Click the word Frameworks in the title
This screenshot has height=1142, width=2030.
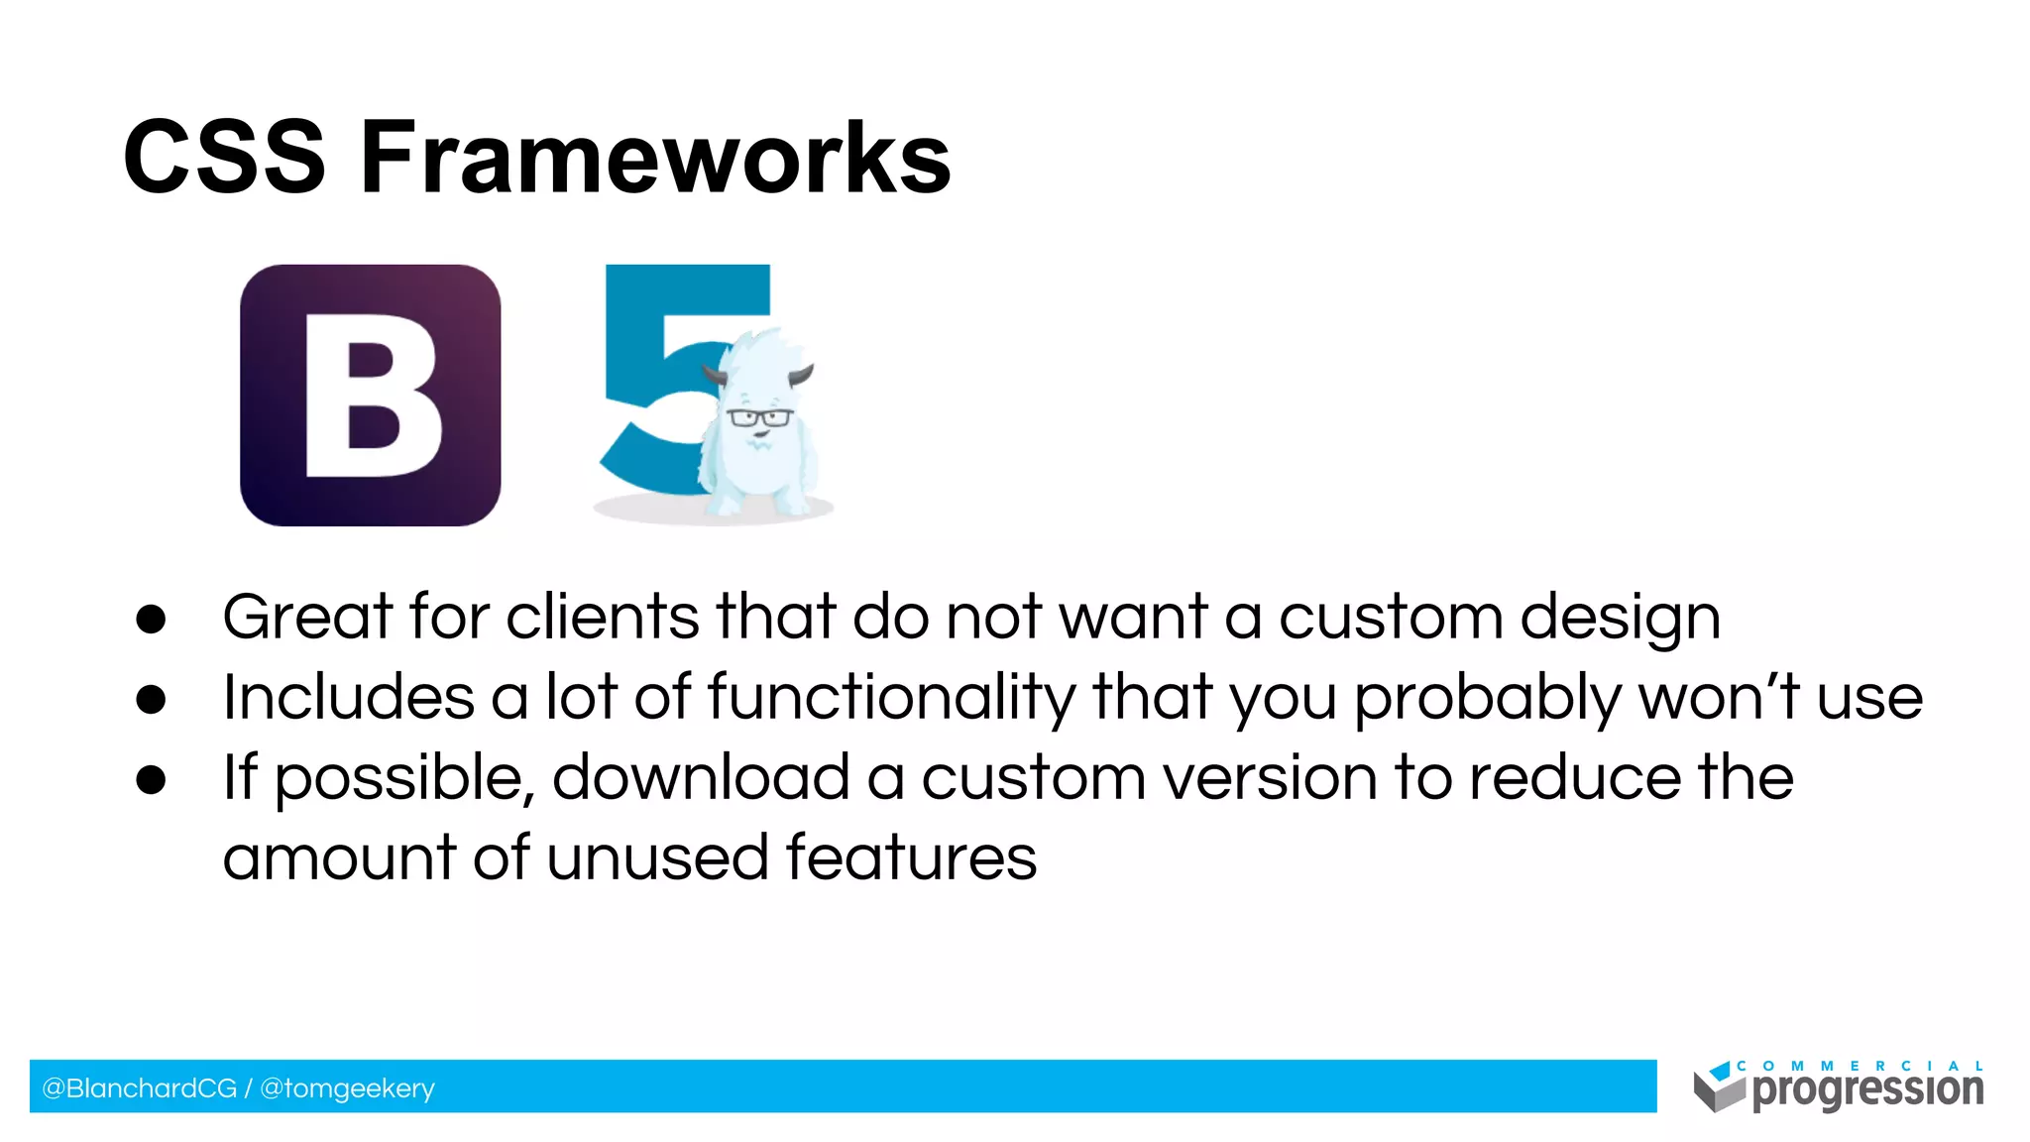pos(654,159)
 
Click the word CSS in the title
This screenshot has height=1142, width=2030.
pos(224,159)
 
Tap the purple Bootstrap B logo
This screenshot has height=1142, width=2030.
pos(370,396)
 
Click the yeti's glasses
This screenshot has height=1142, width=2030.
pos(759,417)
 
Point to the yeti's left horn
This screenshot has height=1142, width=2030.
pos(714,376)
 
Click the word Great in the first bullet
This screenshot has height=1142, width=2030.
pos(307,617)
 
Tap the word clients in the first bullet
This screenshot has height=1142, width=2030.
pos(603,617)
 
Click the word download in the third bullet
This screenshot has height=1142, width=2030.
pos(701,777)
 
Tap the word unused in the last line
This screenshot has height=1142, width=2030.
pos(657,857)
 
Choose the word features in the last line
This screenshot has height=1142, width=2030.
pos(911,857)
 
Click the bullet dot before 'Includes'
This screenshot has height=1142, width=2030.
pos(151,700)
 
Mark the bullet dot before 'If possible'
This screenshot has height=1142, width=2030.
pos(151,780)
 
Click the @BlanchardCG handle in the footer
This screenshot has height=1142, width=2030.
pos(139,1088)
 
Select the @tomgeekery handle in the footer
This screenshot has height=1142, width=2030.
pos(347,1088)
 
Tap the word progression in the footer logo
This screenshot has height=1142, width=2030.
pos(1867,1090)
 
